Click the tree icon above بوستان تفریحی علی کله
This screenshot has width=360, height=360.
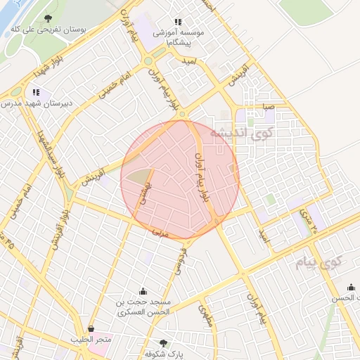[48, 18]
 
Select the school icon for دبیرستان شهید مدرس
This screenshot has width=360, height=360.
[36, 92]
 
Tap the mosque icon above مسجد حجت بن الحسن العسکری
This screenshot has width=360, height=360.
[144, 291]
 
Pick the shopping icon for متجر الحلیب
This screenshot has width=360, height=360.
[91, 328]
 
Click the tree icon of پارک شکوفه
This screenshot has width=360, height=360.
[163, 343]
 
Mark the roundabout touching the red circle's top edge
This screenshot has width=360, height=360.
[182, 114]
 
